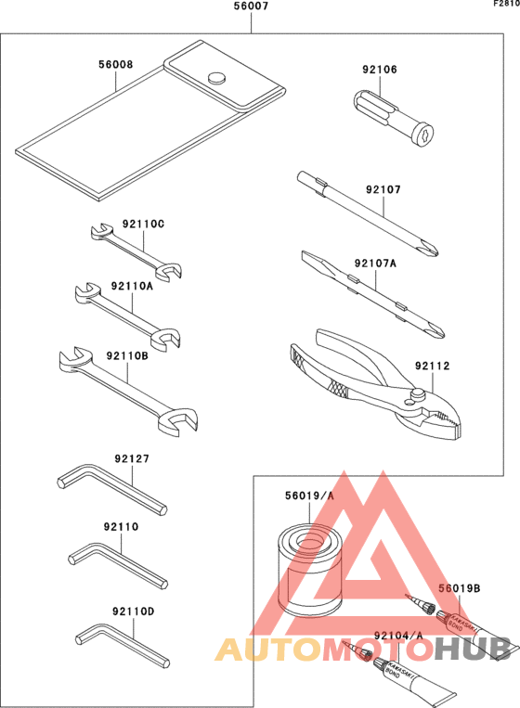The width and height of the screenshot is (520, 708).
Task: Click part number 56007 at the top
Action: pos(252,6)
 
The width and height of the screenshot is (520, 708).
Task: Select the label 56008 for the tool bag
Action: pos(116,66)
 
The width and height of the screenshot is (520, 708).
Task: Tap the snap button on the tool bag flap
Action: pos(218,78)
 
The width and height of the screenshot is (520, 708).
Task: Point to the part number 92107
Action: pos(383,189)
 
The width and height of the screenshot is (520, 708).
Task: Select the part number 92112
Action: pos(432,367)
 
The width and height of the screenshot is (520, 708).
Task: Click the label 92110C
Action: pos(143,224)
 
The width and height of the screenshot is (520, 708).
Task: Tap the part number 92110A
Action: pos(131,286)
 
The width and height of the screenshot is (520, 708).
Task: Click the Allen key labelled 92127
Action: pos(111,488)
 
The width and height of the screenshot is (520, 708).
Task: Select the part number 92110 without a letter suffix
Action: pos(121,526)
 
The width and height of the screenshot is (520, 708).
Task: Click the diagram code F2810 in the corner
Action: pos(506,5)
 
